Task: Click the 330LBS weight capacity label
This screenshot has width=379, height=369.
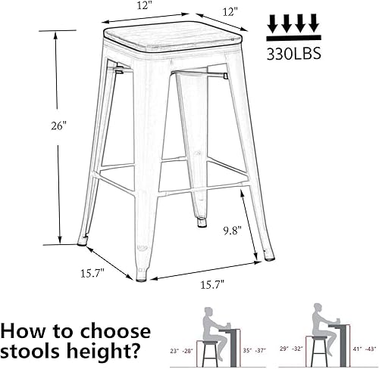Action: pyautogui.click(x=293, y=54)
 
